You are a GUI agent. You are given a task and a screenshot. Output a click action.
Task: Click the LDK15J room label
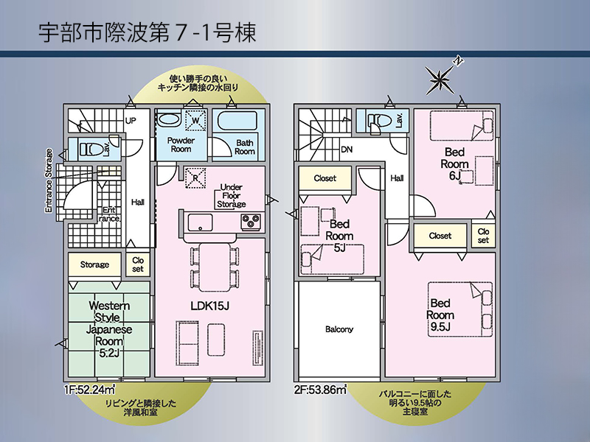[x=209, y=306]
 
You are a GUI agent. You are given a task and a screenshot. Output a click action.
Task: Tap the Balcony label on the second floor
[x=339, y=329]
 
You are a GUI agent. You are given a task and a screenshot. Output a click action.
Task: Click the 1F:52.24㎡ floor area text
[x=89, y=390]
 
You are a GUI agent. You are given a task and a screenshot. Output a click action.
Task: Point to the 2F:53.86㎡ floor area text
[x=320, y=390]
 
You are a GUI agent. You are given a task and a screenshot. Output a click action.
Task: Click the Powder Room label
[x=181, y=144]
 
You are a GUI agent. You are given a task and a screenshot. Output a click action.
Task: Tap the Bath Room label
[x=245, y=147]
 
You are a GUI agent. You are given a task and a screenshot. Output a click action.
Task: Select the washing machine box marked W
[x=195, y=121]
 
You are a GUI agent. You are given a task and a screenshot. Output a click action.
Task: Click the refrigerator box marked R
[x=195, y=178]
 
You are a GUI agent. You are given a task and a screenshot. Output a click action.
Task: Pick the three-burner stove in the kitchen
[x=251, y=222]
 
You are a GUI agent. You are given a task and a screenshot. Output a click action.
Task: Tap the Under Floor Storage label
[x=231, y=195]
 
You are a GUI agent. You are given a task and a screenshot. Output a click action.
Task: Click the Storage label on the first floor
[x=94, y=264]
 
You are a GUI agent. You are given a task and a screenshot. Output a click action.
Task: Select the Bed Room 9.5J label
[x=440, y=315]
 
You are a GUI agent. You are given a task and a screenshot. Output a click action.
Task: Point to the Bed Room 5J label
[x=339, y=236]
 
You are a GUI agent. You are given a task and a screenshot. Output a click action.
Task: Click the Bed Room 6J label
[x=454, y=164]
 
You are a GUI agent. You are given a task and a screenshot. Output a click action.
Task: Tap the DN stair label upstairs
[x=347, y=150]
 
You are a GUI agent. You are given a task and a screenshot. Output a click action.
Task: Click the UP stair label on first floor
[x=131, y=121]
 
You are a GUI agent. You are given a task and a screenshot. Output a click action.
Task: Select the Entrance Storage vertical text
[x=49, y=181]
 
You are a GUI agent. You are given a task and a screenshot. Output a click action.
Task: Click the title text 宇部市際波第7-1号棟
[x=147, y=32]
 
